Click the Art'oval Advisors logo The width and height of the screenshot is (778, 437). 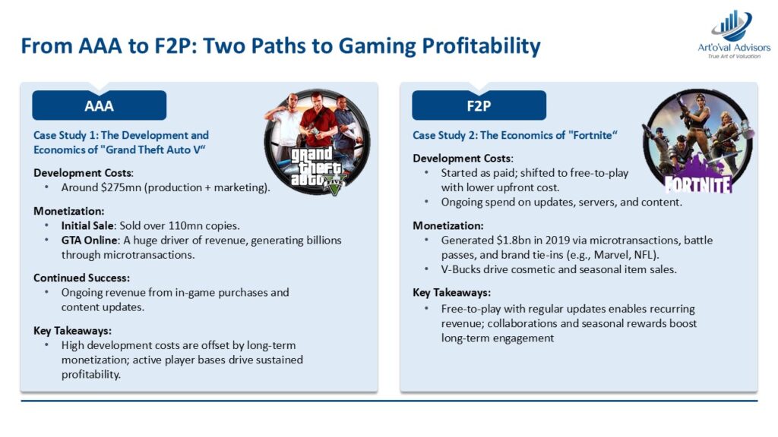(734, 34)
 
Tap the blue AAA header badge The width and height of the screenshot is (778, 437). (100, 105)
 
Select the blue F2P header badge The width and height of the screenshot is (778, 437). (479, 105)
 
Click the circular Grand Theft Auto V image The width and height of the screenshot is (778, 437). (318, 142)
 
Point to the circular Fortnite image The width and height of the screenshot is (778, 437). (697, 142)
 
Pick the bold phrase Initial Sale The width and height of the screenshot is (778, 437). (87, 226)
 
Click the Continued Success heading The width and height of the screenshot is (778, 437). (81, 278)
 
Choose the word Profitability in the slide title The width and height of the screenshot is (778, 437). (481, 46)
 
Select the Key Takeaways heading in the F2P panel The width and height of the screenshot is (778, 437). (451, 293)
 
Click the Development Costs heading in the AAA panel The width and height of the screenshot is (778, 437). (84, 173)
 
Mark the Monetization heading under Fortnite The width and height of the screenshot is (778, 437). (448, 226)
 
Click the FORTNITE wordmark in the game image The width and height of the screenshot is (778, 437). (699, 184)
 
